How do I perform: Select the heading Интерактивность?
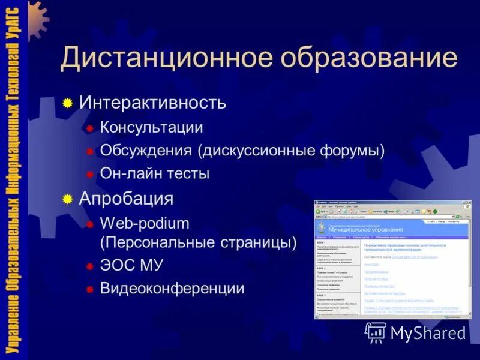153,103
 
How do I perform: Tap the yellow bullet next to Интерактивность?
68,103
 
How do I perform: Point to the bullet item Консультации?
151,127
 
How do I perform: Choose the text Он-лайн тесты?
155,174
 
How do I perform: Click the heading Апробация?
127,199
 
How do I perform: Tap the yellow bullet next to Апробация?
68,199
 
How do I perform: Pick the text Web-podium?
145,224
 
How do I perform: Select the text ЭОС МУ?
131,266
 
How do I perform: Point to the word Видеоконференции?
172,289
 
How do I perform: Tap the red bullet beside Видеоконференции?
89,289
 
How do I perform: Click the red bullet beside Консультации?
89,128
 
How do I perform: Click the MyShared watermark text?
428,333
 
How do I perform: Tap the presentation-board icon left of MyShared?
376,332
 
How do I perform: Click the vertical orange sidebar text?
16,180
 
